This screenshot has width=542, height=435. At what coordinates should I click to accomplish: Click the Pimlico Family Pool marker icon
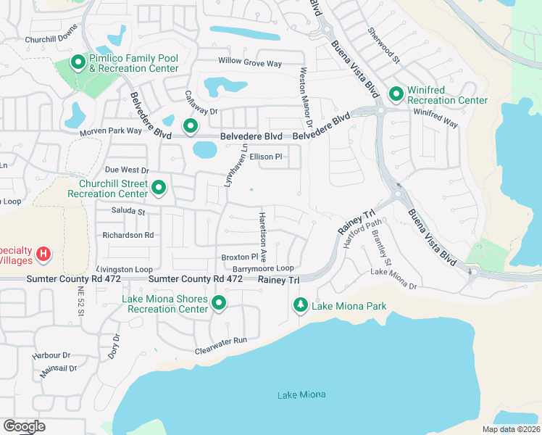[78, 64]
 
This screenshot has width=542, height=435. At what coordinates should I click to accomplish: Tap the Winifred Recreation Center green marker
[396, 94]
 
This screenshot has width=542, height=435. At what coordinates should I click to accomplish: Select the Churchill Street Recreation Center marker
[159, 189]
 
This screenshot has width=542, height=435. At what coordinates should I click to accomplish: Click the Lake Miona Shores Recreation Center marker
[218, 304]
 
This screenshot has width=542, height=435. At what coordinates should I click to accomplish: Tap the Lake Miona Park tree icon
[300, 306]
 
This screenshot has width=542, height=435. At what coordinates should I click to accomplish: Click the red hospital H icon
[43, 254]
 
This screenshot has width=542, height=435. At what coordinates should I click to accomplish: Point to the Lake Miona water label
[301, 394]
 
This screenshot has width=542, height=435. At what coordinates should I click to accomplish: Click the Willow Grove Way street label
[250, 64]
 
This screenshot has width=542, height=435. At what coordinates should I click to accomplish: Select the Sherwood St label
[383, 45]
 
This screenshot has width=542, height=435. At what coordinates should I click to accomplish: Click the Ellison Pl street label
[265, 157]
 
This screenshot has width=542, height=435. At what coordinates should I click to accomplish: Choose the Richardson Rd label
[128, 235]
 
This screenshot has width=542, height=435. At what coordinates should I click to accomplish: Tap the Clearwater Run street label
[221, 345]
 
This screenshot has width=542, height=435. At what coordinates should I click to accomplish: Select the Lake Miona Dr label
[394, 279]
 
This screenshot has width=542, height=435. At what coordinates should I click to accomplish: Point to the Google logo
[24, 426]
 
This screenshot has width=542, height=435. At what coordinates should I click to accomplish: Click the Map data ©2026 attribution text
[511, 429]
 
